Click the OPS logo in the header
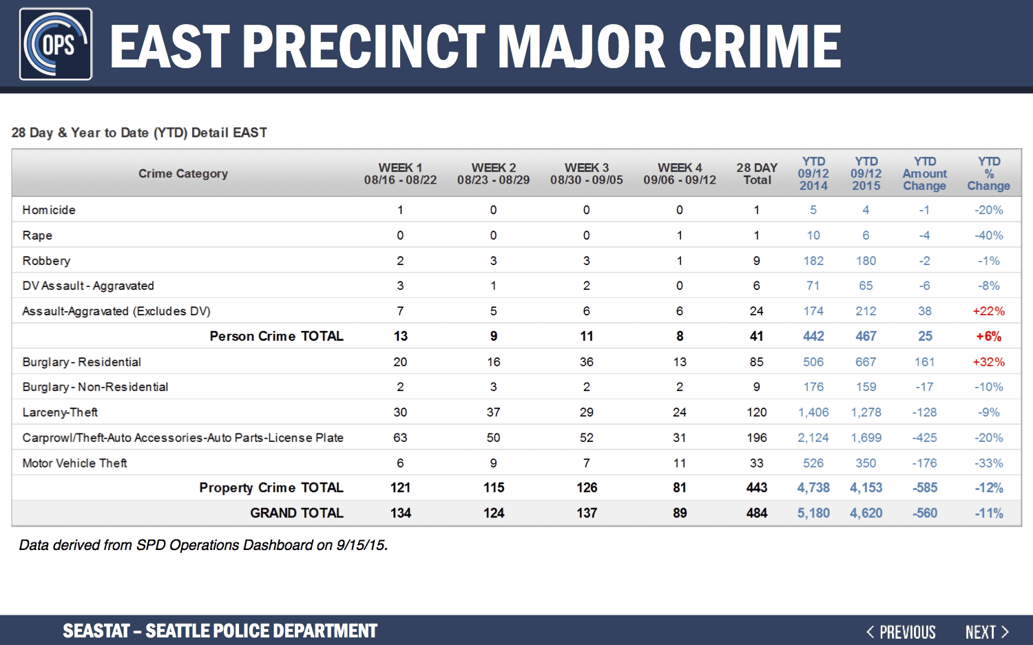coord(56,44)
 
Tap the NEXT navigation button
coord(986,632)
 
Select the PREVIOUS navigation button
coord(901,632)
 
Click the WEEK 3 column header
coord(587,173)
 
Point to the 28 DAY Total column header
coord(757,173)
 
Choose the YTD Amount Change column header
coord(925,173)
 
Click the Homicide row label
coord(49,210)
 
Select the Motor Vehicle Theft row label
coord(74,463)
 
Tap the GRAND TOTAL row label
coord(297,513)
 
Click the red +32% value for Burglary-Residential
coord(988,362)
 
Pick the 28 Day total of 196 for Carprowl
coord(757,438)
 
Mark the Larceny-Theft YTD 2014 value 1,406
coord(813,412)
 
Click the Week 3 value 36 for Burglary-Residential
coord(587,362)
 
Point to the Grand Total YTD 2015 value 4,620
coord(866,513)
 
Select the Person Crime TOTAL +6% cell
coord(988,337)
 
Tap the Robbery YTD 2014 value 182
coord(813,261)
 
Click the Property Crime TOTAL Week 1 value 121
coord(400,488)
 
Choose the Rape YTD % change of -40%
coord(988,235)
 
